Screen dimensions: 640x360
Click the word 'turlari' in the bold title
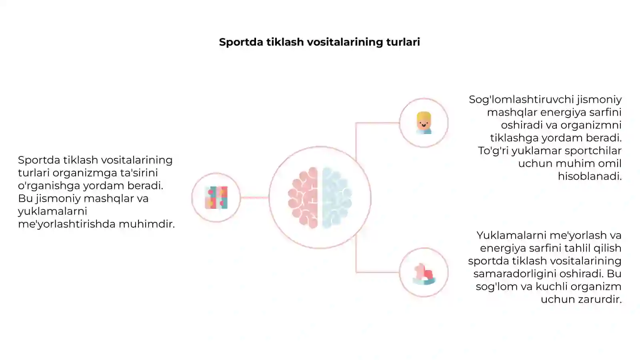point(403,42)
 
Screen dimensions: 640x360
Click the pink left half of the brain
point(303,198)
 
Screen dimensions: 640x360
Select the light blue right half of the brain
point(337,198)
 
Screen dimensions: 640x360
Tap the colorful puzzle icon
point(216,198)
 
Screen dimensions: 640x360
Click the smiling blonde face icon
point(424,123)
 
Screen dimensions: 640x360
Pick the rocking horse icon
point(424,274)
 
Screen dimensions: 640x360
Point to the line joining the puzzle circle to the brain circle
point(254,198)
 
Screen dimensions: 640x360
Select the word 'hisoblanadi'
point(590,176)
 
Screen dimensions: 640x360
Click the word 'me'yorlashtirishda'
point(66,224)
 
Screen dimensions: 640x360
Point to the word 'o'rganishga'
point(49,186)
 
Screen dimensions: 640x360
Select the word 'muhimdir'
point(147,224)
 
